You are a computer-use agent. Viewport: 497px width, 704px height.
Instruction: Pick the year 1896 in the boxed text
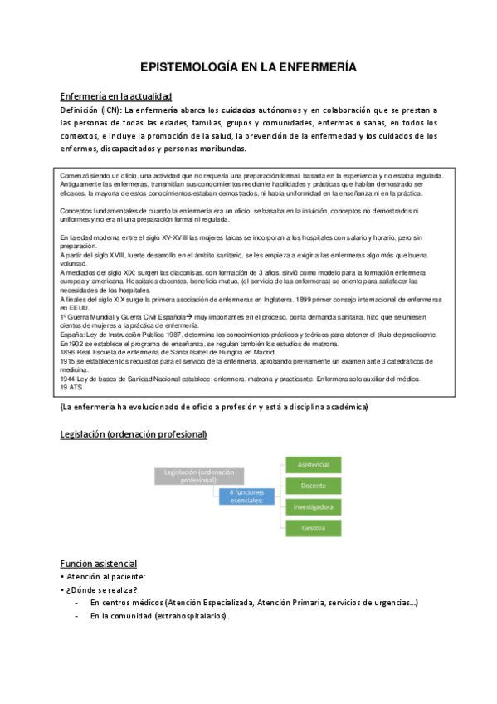tap(70, 352)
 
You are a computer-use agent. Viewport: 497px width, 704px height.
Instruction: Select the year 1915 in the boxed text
tap(70, 361)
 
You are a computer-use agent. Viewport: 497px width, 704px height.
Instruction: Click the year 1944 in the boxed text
tap(70, 379)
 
